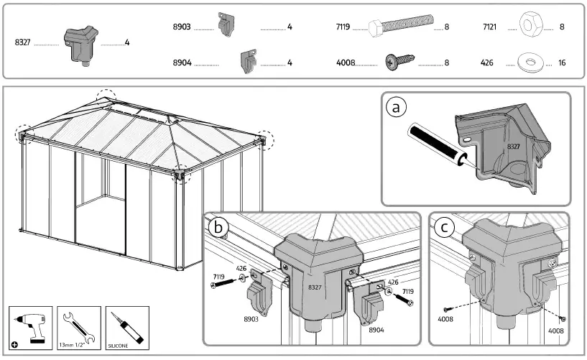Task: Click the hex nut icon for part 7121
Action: tap(532, 27)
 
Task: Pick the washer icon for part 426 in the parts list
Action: tap(531, 63)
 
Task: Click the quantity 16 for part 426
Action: tap(562, 63)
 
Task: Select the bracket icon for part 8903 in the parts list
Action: tap(225, 25)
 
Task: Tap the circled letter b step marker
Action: tap(218, 228)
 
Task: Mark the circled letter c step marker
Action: tap(446, 228)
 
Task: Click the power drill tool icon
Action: tap(31, 326)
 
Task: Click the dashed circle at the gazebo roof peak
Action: tap(106, 97)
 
